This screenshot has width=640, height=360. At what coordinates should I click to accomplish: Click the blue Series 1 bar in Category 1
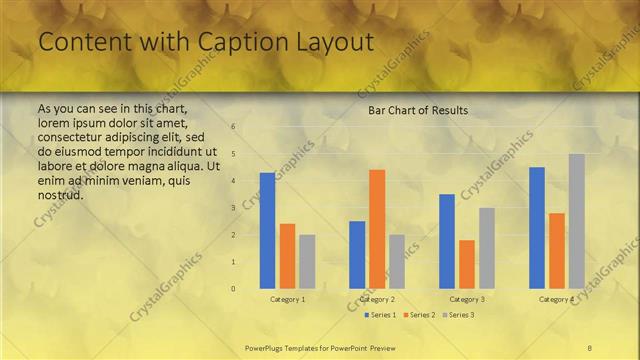point(267,231)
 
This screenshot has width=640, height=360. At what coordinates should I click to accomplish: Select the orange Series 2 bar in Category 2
point(377,229)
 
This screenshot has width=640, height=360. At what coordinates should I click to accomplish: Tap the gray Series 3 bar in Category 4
point(577,221)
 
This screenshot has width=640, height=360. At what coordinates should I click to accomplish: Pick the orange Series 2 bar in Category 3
point(467,264)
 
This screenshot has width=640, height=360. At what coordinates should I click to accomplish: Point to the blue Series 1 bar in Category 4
point(537,228)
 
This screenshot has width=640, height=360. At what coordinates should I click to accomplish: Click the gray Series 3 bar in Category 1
point(307,262)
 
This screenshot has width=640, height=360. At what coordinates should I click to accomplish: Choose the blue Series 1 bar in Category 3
point(447,241)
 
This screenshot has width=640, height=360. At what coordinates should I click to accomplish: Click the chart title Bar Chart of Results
point(418,109)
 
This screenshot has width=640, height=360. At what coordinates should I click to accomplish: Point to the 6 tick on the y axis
point(233,127)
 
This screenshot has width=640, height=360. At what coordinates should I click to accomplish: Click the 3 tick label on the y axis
point(233,208)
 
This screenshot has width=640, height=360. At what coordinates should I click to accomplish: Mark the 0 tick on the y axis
point(233,289)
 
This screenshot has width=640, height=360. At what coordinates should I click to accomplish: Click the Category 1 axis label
point(288,299)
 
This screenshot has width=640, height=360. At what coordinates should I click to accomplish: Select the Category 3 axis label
point(467,299)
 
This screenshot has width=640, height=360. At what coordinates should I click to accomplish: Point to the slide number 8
point(589,347)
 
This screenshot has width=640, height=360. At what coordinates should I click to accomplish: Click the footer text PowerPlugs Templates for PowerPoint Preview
point(320,347)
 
